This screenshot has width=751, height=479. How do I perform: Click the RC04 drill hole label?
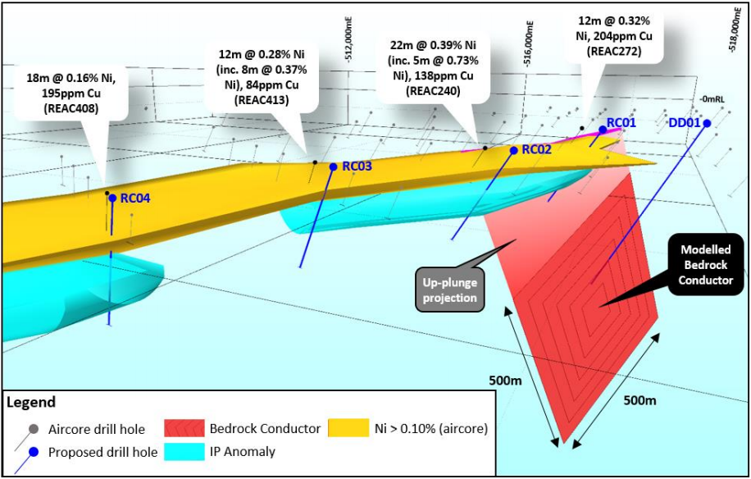[135, 198]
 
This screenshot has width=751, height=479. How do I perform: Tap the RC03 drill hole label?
[357, 166]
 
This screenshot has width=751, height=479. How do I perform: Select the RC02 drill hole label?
[537, 149]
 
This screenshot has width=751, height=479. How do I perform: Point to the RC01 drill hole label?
[621, 123]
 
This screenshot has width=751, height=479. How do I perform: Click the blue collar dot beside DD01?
[707, 123]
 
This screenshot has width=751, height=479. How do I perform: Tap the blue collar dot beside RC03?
[334, 167]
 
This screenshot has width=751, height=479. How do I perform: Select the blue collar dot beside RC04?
[112, 198]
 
